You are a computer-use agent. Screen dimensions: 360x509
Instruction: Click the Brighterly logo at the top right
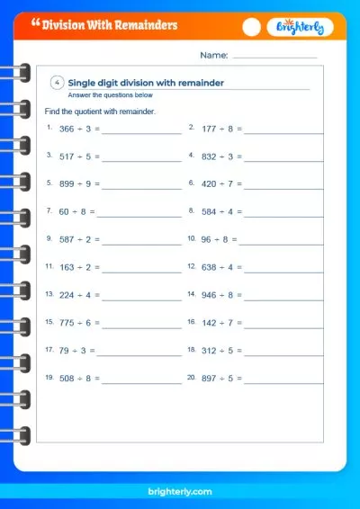pyautogui.click(x=301, y=28)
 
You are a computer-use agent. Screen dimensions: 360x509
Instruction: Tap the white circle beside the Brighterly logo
pyautogui.click(x=252, y=28)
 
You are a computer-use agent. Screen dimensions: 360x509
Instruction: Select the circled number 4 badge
pyautogui.click(x=58, y=83)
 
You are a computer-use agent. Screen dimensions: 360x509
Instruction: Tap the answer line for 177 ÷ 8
pyautogui.click(x=284, y=133)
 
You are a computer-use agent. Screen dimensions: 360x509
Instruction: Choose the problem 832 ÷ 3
pyautogui.click(x=220, y=156)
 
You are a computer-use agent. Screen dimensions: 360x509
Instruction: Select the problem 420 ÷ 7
pyautogui.click(x=220, y=184)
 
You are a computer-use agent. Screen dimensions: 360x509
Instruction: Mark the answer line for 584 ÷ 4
pyautogui.click(x=284, y=217)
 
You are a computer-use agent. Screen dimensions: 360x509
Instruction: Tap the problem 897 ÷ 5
pyautogui.click(x=220, y=380)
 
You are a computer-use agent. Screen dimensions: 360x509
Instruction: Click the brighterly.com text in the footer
pyautogui.click(x=180, y=493)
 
